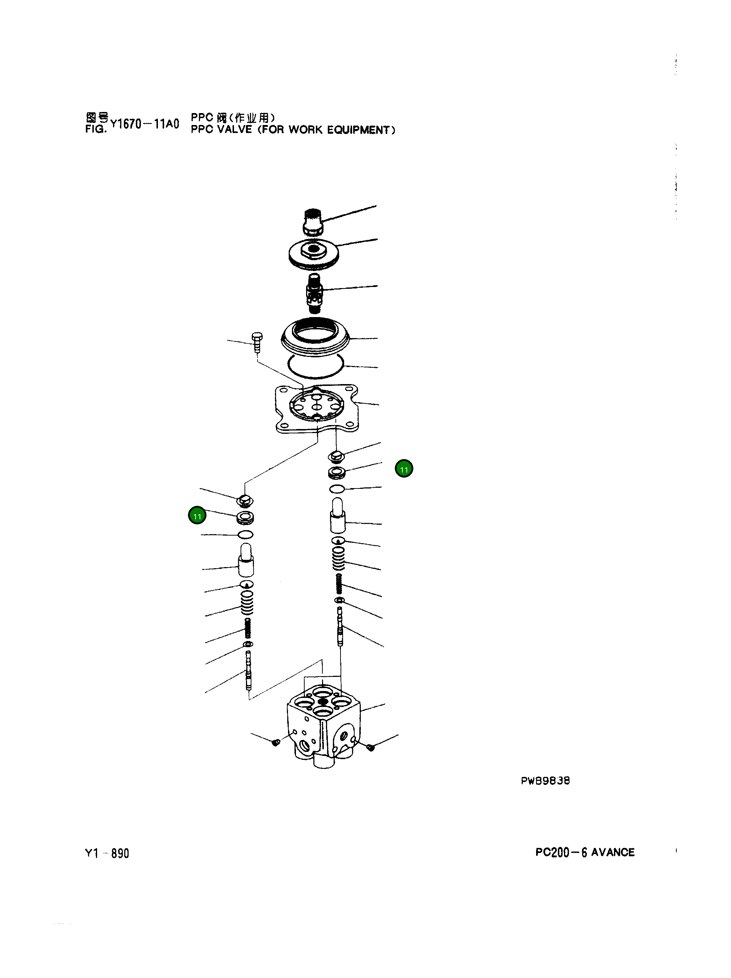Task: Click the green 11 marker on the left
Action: click(x=197, y=516)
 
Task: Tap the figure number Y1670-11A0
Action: click(x=145, y=124)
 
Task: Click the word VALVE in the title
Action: click(x=234, y=130)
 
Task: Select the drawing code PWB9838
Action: click(x=545, y=781)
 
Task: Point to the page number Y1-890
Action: click(x=106, y=853)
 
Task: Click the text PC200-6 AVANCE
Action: click(x=584, y=852)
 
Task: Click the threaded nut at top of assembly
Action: click(x=313, y=222)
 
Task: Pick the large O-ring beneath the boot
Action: click(x=315, y=367)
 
